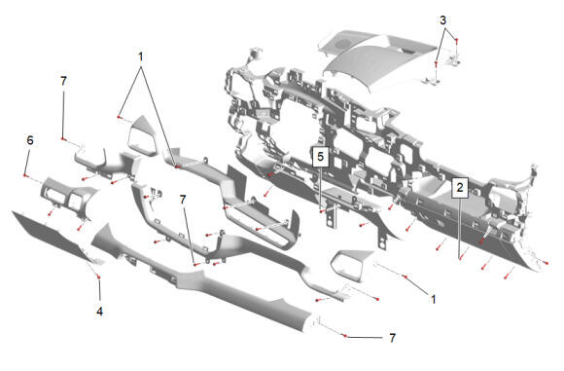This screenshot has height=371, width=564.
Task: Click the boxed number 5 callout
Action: (x=321, y=157)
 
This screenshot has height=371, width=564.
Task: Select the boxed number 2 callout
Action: (x=460, y=187)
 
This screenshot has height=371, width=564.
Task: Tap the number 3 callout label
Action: (x=443, y=20)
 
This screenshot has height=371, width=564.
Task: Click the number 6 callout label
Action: (x=30, y=140)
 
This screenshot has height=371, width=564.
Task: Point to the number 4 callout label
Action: (x=99, y=312)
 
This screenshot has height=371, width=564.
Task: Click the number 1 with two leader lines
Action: (x=141, y=56)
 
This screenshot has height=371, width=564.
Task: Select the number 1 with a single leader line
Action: (x=433, y=299)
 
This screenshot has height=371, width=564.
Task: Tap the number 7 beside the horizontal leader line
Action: (x=393, y=338)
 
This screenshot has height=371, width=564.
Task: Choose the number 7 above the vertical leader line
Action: (x=63, y=82)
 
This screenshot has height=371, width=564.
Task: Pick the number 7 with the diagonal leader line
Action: (x=183, y=200)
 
